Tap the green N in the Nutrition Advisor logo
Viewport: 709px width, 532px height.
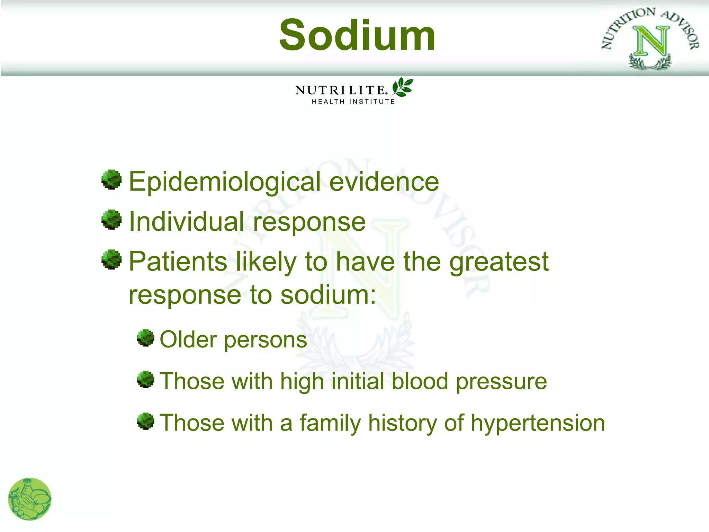pos(650,42)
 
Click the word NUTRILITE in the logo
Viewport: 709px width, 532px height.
pos(340,90)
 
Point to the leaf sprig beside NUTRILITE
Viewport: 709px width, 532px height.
pos(402,87)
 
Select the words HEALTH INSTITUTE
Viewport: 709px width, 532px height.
pos(353,101)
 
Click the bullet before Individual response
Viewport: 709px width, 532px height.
pos(111,219)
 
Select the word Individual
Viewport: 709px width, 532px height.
pos(186,221)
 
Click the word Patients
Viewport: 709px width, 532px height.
pos(178,261)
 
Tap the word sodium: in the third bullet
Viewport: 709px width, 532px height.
pos(328,295)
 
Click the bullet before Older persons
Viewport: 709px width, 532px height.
pos(145,338)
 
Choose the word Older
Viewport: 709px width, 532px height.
pos(188,339)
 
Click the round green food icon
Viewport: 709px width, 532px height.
pos(30,499)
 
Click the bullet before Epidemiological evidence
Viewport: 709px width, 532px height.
pos(111,179)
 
